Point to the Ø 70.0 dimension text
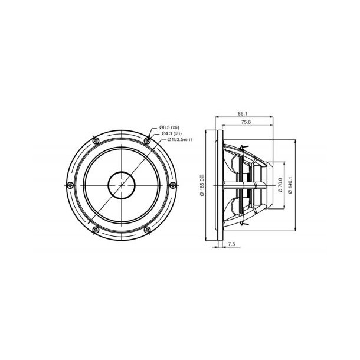click(277, 185)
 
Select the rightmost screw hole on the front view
click(172, 185)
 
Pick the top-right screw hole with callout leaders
click(147, 140)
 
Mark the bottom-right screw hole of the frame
click(147, 229)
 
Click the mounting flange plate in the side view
click(220, 185)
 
